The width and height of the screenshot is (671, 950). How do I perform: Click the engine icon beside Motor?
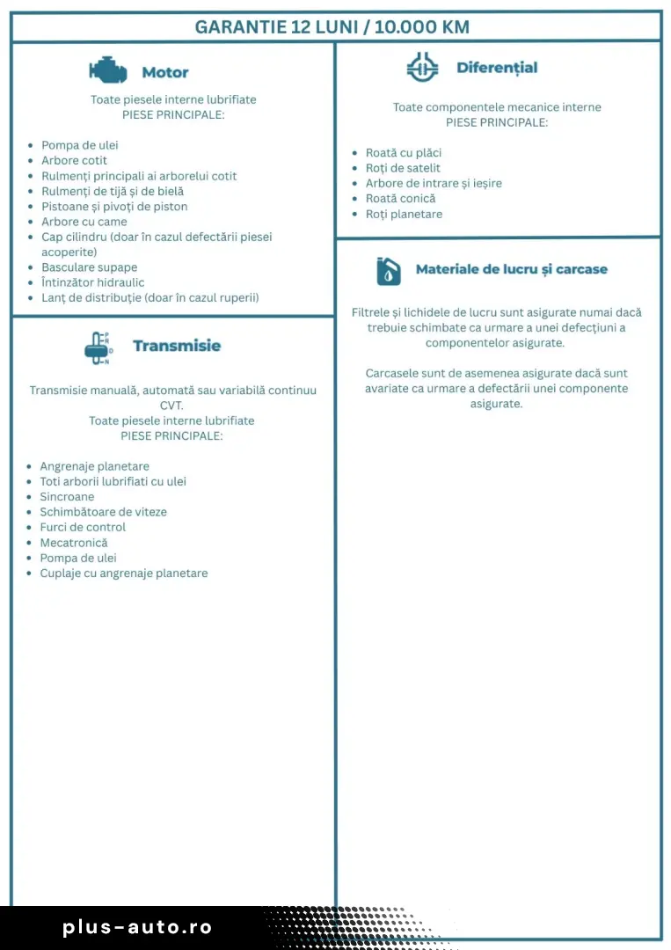[107, 71]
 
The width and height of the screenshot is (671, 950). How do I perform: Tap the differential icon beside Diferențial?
[422, 67]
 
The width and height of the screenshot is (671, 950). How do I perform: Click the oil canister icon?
[388, 270]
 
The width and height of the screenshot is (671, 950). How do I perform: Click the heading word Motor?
[165, 72]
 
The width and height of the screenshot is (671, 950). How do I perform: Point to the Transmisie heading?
[177, 346]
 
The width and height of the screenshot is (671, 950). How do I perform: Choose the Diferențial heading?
[497, 68]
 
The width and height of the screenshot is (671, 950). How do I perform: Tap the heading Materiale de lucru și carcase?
[511, 269]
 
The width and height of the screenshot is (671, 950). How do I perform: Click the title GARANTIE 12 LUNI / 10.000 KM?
[332, 26]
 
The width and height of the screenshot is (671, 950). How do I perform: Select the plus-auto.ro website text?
[138, 927]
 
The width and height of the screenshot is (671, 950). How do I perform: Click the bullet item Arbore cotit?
[75, 161]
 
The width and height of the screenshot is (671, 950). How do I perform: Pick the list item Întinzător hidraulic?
[92, 282]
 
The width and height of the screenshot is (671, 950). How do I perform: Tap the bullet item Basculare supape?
[90, 267]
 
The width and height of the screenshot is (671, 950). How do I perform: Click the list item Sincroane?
[67, 497]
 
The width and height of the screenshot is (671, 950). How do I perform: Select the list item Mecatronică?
[74, 543]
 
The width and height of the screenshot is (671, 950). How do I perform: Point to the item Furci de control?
[83, 528]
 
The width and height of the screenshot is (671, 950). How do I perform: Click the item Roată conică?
[400, 199]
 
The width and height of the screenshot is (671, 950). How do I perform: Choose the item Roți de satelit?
[403, 168]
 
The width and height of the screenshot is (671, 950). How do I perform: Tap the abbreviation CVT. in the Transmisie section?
[171, 406]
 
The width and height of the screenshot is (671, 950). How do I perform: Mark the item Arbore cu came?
[84, 222]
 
